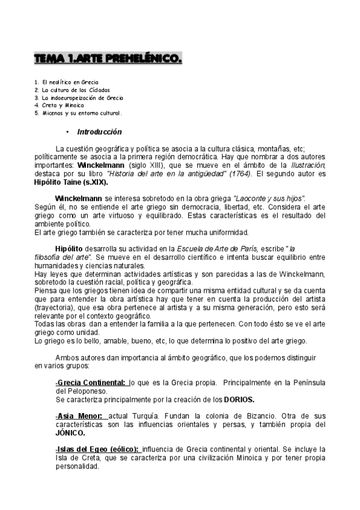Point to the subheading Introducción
tap(99, 132)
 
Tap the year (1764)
tap(239, 174)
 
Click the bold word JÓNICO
tap(69, 432)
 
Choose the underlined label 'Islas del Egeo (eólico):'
tap(97, 449)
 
